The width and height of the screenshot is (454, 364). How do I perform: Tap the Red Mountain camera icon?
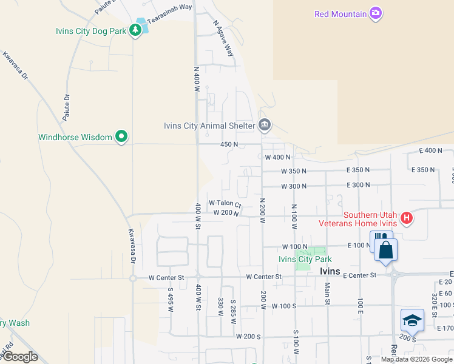[x=376, y=13]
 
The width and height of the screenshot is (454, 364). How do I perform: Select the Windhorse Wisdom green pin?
[x=121, y=137]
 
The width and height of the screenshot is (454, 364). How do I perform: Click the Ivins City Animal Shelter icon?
[x=265, y=126]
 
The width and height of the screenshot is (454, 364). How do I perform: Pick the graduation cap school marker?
[x=412, y=320]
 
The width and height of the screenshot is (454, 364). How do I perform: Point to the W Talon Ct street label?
[x=225, y=203]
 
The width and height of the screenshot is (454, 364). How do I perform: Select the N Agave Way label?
[x=223, y=38]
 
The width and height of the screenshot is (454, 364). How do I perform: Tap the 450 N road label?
[x=228, y=144]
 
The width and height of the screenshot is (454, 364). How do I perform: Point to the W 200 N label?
[x=226, y=213]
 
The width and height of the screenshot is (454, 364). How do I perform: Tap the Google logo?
[x=20, y=357]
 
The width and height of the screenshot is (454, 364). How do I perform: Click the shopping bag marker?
[x=386, y=249]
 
